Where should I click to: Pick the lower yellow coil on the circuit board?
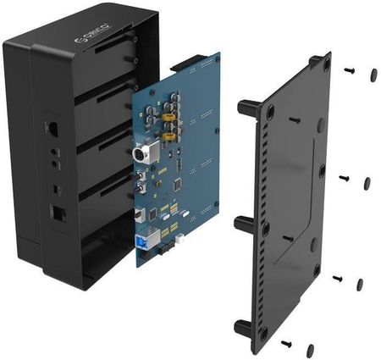169,135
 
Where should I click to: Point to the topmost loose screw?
349,70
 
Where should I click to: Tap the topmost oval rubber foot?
373,75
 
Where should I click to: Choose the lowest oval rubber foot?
311,349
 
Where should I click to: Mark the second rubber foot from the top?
367,183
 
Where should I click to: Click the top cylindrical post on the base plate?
247,108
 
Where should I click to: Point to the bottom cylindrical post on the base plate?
240,327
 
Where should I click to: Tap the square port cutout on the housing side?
60,214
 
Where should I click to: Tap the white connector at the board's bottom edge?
180,239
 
